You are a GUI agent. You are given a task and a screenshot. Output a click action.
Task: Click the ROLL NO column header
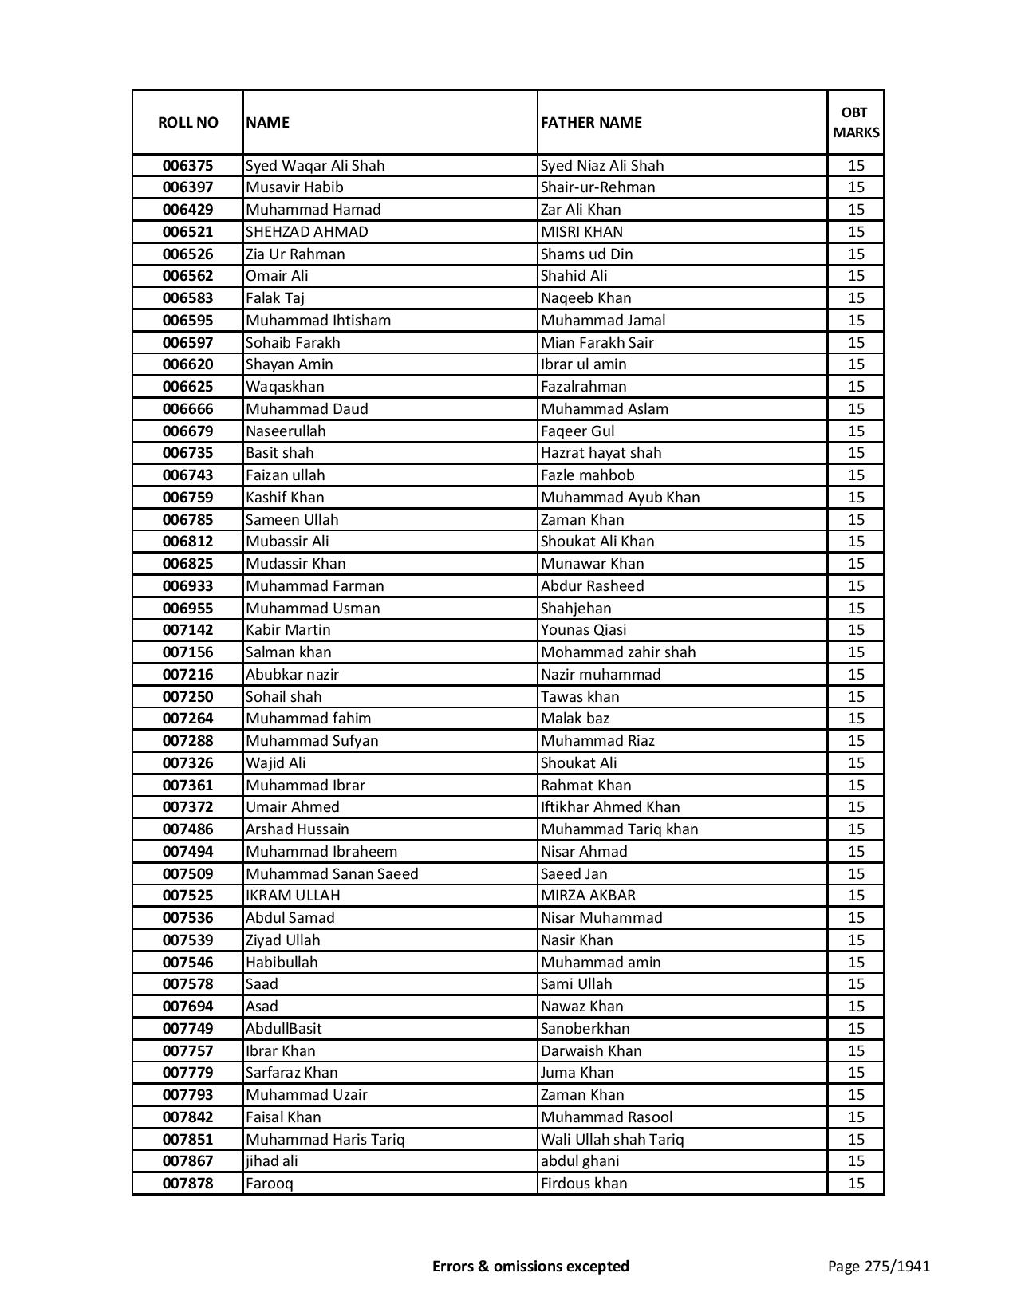pos(187,122)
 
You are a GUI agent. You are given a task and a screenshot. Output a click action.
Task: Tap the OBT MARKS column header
pos(856,122)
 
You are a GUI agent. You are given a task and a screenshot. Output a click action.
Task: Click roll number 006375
pos(187,166)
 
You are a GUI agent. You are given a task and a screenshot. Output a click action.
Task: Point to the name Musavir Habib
pos(294,187)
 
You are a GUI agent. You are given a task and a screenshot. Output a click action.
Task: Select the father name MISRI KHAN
pos(581,232)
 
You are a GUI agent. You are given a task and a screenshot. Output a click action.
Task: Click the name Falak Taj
pos(275,298)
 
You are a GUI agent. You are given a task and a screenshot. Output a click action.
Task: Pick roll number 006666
pos(187,409)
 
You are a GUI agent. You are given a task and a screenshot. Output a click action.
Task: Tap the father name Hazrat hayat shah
pos(601,453)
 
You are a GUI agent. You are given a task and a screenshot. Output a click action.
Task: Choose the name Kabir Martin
pos(288,630)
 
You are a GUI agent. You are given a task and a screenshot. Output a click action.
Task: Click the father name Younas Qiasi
pos(583,630)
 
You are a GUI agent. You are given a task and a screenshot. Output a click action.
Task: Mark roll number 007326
pos(187,763)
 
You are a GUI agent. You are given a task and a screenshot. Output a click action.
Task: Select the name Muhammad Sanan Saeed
pos(332,874)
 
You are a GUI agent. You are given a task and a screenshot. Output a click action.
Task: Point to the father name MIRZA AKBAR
pos(588,896)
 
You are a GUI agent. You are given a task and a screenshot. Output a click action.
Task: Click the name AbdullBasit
pos(283,1029)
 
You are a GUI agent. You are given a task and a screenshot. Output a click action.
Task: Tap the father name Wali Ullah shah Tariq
pos(612,1140)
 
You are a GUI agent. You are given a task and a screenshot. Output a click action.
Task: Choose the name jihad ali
pos(272,1161)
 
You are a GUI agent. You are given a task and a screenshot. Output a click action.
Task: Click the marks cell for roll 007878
pos(856,1184)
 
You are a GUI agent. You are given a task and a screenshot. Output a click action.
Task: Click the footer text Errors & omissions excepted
pos(530,1266)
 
